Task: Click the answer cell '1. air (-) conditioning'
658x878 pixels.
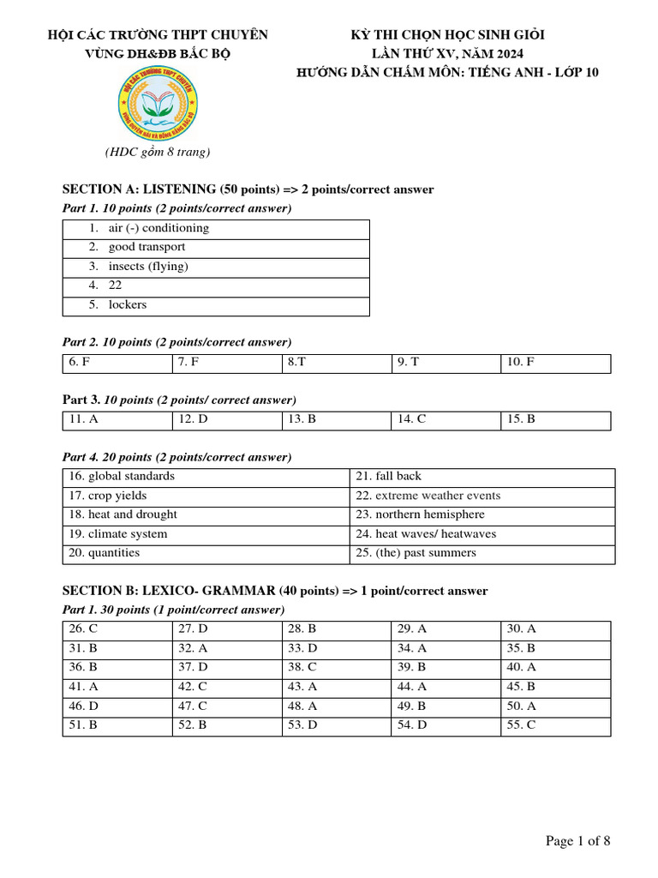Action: [159, 228]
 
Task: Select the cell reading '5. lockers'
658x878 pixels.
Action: [128, 304]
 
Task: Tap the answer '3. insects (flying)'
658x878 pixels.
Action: [148, 267]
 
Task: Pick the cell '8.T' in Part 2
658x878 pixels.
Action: [296, 363]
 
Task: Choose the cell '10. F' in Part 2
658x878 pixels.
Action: [520, 363]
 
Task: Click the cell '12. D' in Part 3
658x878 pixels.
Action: [193, 419]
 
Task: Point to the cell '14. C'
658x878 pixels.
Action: [411, 419]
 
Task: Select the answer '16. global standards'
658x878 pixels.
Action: [121, 477]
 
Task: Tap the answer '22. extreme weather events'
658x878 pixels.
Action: [427, 496]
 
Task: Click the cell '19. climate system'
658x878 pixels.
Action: [117, 534]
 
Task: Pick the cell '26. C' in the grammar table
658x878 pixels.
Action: [83, 629]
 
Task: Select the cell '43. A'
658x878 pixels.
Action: [302, 687]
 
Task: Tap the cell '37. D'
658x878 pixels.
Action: [193, 667]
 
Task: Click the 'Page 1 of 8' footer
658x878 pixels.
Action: [577, 840]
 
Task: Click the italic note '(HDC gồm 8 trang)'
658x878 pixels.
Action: [158, 153]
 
